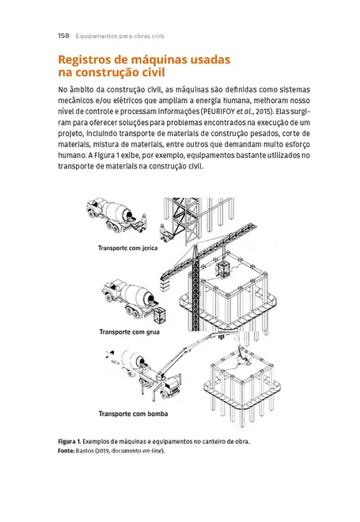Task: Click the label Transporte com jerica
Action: click(x=128, y=248)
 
